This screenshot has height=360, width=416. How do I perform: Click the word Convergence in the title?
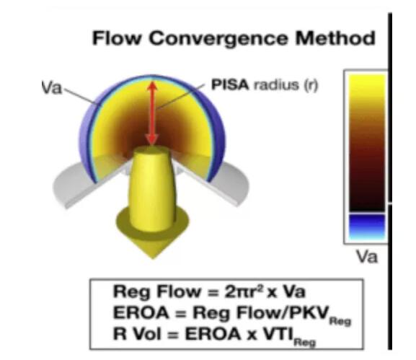point(218,38)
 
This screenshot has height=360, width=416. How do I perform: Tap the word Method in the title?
point(335,38)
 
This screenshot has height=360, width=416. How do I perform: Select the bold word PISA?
point(230,85)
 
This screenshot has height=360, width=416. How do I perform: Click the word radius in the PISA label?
point(276,85)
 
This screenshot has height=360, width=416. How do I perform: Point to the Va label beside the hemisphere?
point(51,87)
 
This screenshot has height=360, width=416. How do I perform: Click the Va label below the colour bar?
point(366,257)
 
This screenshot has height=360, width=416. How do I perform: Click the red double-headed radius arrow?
point(152,113)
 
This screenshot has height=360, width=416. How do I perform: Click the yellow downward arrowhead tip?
point(153,258)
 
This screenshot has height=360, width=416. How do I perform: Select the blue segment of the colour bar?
point(367,227)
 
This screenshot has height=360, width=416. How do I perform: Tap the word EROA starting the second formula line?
point(141,312)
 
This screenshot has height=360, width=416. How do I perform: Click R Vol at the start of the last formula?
point(137,334)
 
